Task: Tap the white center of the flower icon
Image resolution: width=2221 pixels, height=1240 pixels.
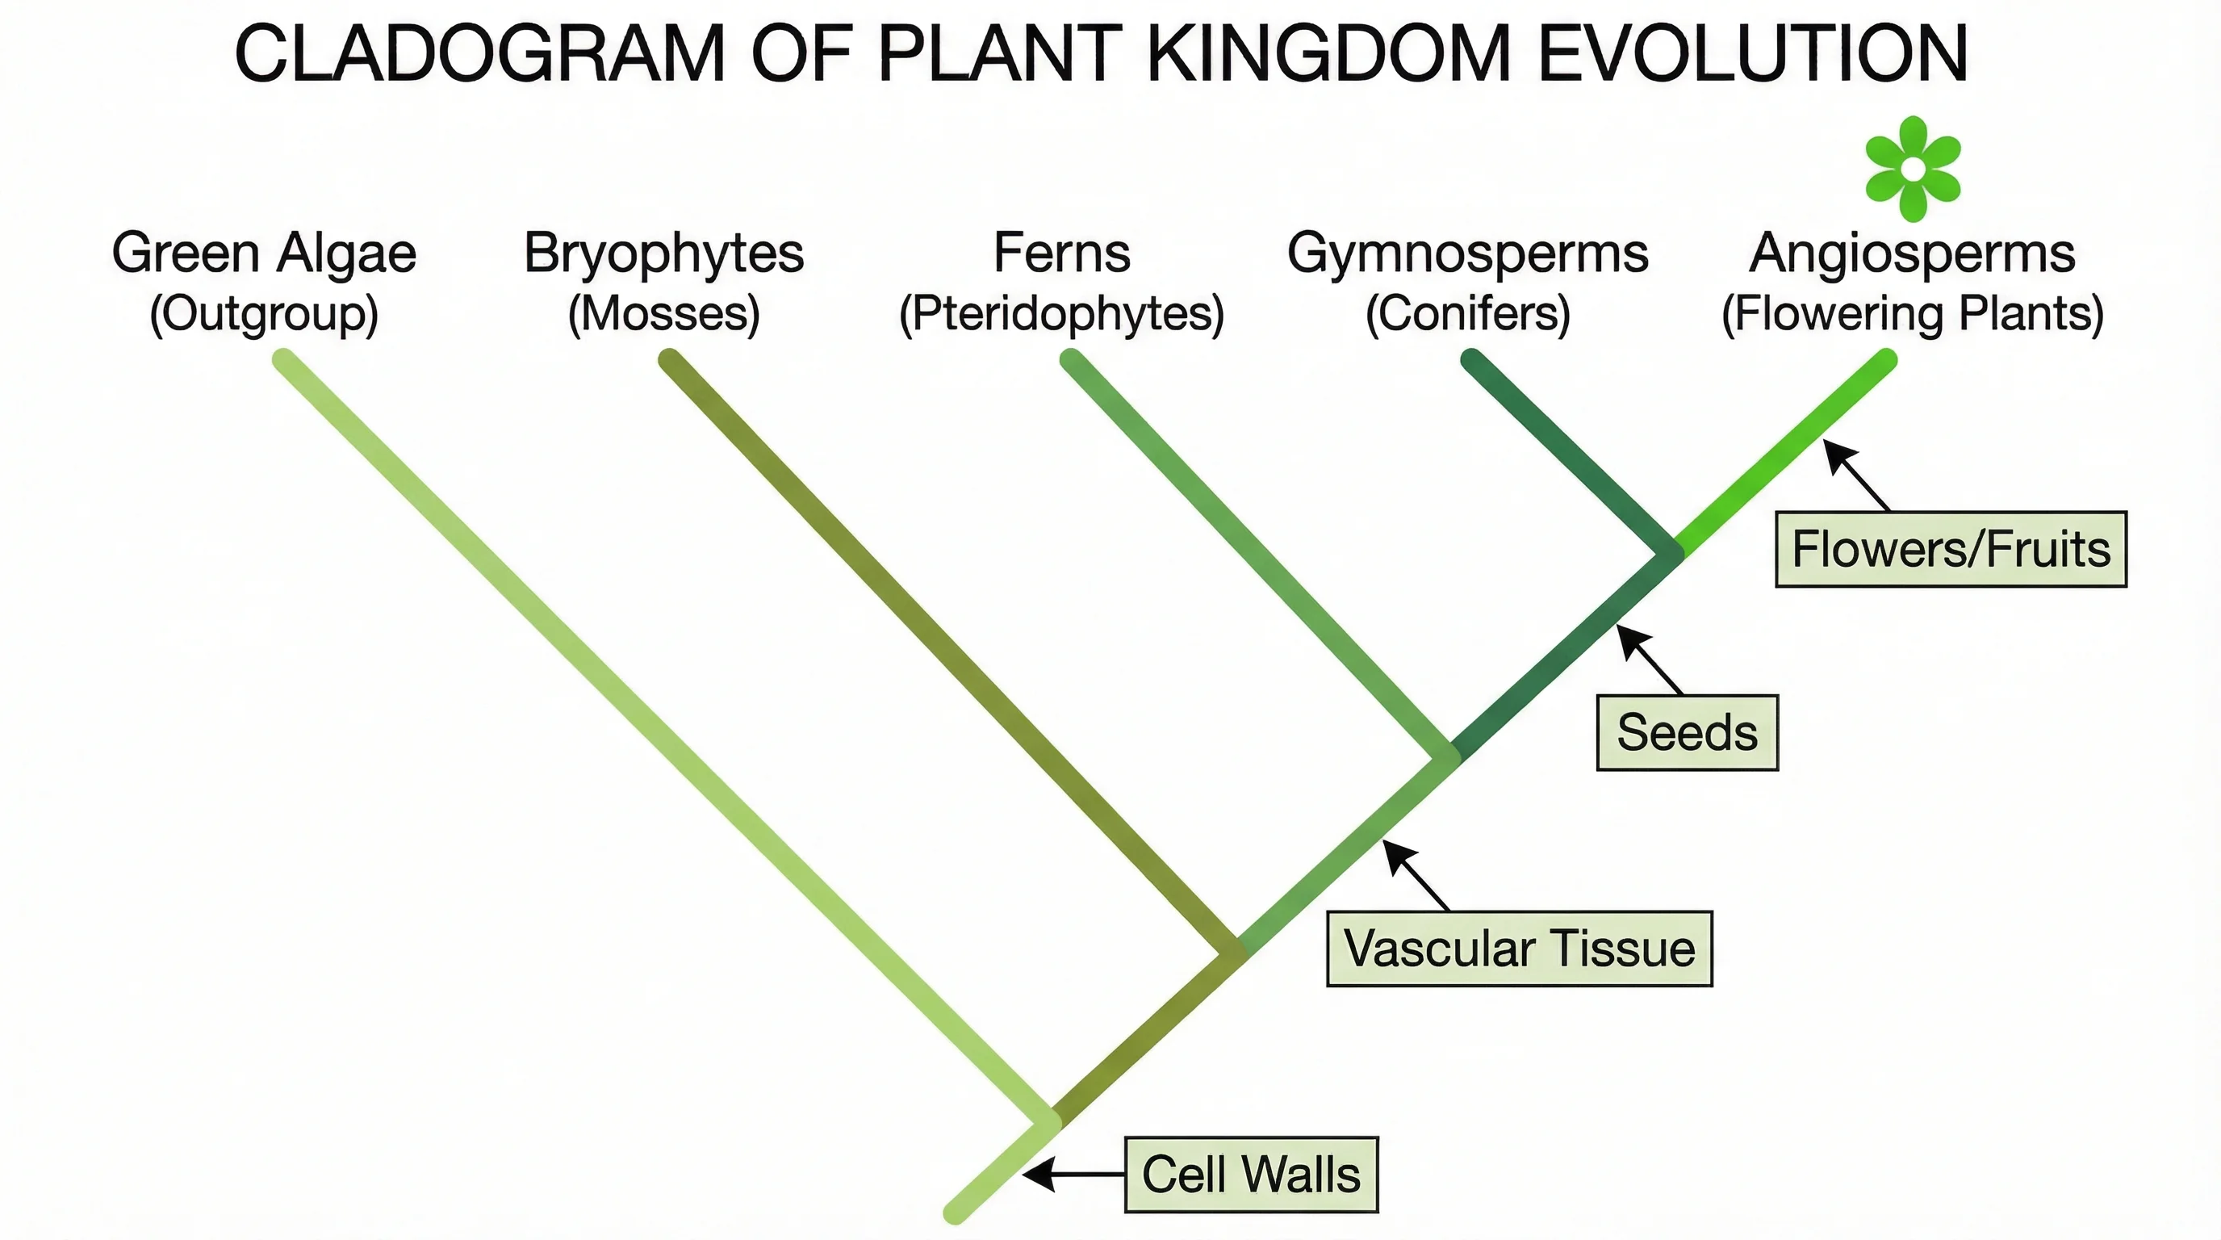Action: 1913,169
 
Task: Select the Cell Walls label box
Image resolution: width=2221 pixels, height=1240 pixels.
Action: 1251,1175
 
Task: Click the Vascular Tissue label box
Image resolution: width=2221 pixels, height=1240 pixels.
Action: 1519,949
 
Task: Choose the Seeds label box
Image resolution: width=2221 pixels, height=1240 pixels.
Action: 1688,732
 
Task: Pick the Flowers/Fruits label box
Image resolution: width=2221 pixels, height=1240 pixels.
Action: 1951,549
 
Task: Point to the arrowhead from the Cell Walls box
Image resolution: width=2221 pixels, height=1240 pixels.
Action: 1037,1175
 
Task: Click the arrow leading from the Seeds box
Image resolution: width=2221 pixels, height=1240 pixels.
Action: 1649,660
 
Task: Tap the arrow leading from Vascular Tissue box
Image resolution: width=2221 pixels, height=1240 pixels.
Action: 1416,875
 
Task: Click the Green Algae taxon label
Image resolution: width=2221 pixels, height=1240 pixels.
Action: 264,253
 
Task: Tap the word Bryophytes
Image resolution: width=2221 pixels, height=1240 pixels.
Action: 664,253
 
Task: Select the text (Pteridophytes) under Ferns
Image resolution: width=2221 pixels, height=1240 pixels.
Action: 1061,313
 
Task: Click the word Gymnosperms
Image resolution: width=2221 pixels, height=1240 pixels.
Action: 1467,253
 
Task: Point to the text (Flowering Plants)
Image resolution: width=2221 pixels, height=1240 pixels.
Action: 1913,313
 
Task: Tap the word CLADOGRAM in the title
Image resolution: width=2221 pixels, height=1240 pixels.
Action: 479,53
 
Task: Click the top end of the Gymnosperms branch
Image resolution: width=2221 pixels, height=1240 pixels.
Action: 1472,359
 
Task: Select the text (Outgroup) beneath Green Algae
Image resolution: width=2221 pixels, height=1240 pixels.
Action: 264,313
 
